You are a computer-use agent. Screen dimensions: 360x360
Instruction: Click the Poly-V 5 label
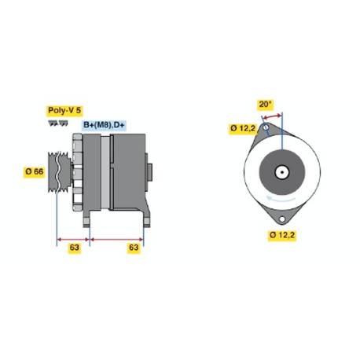[x=64, y=111]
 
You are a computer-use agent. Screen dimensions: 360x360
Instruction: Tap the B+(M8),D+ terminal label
[x=104, y=125]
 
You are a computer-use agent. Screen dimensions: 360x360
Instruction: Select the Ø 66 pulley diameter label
[x=35, y=172]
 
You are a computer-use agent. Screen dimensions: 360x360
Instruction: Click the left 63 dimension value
[x=74, y=248]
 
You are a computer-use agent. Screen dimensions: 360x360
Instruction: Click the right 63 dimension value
[x=134, y=248]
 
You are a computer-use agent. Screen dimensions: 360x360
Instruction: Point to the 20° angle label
[x=265, y=105]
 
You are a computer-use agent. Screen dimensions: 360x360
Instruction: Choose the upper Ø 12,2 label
[x=243, y=128]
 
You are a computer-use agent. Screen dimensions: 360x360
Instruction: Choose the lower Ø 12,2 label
[x=282, y=235]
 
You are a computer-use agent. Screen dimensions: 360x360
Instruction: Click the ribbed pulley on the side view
[x=59, y=172]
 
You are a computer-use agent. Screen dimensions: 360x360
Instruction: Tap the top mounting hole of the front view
[x=266, y=127]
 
